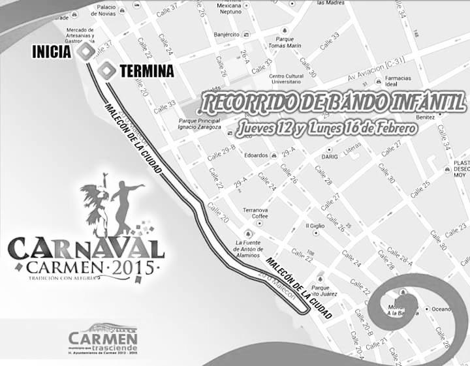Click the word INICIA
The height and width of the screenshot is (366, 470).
click(x=51, y=52)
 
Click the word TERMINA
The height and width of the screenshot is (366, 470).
click(x=147, y=70)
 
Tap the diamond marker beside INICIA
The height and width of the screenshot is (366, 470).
click(x=84, y=52)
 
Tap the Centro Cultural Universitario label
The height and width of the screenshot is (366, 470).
click(x=285, y=80)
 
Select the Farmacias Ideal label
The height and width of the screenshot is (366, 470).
click(x=398, y=81)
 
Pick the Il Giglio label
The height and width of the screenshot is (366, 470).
click(x=315, y=226)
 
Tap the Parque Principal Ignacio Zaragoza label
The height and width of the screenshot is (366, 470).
click(x=198, y=124)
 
